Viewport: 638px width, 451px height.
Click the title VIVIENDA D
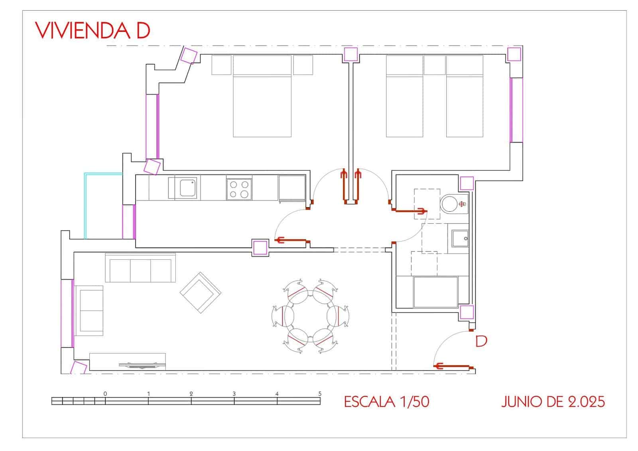pyautogui.click(x=93, y=30)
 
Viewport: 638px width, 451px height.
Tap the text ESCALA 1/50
pyautogui.click(x=386, y=402)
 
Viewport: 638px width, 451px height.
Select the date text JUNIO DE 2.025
pyautogui.click(x=553, y=402)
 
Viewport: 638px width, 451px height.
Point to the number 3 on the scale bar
pyautogui.click(x=234, y=394)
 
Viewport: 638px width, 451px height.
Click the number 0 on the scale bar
pyautogui.click(x=105, y=394)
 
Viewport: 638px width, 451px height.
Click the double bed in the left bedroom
pyautogui.click(x=262, y=96)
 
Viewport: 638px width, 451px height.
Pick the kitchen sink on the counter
pyautogui.click(x=188, y=188)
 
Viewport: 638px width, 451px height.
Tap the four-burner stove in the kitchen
pyautogui.click(x=239, y=189)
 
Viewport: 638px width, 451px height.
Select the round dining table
pyautogui.click(x=310, y=316)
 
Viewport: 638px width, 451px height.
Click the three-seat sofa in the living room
pyautogui.click(x=140, y=268)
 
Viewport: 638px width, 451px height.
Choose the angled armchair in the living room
pyautogui.click(x=201, y=293)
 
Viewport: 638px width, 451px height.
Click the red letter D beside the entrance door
pyautogui.click(x=481, y=341)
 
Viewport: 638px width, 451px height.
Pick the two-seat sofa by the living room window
pyautogui.click(x=89, y=311)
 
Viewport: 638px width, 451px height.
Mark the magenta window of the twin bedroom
pyautogui.click(x=516, y=110)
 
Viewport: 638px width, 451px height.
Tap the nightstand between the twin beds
pyautogui.click(x=434, y=65)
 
